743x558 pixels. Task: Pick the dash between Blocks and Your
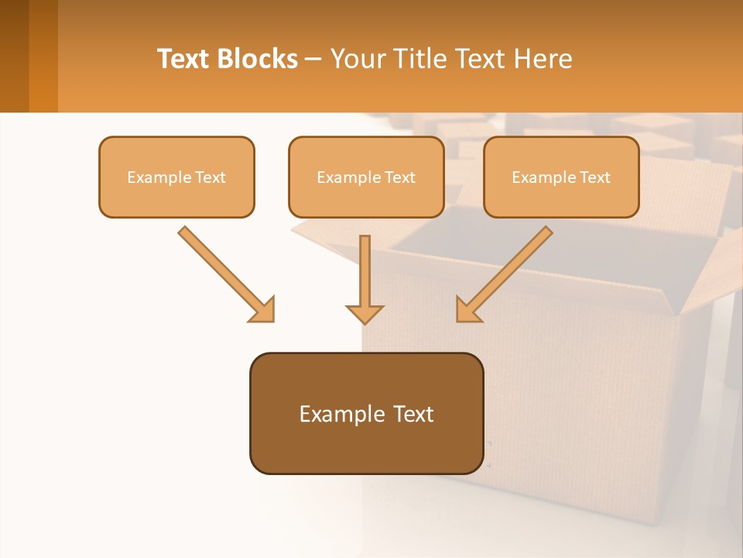[313, 60]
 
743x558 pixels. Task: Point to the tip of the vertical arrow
[365, 321]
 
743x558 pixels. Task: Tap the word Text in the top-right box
[594, 177]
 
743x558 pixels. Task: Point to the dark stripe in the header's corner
[14, 56]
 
